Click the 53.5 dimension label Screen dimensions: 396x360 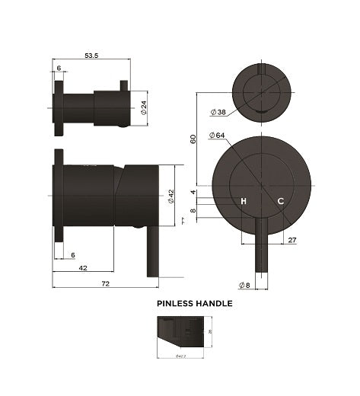click(x=91, y=55)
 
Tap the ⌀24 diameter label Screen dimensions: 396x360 click(x=143, y=109)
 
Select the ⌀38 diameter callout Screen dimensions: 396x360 click(x=218, y=111)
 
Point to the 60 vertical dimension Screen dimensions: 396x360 click(x=193, y=139)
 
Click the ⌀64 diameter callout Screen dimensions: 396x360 click(x=221, y=135)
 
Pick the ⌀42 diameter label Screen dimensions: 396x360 click(x=172, y=196)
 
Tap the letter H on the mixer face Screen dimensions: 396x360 click(x=244, y=201)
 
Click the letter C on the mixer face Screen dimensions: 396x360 click(x=280, y=201)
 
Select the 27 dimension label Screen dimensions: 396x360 click(x=292, y=240)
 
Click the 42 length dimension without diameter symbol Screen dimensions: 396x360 click(x=84, y=269)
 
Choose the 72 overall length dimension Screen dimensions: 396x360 click(x=105, y=283)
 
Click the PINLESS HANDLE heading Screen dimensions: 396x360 click(x=194, y=303)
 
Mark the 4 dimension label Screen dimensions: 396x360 click(x=193, y=192)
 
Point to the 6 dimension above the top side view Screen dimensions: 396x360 click(x=59, y=69)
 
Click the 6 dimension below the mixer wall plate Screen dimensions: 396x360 click(x=73, y=255)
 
